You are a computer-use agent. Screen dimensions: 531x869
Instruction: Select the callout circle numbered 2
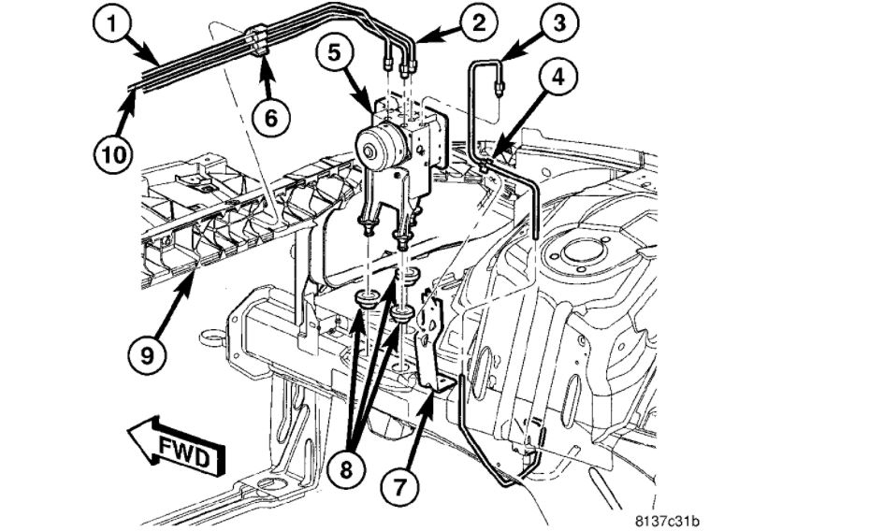[x=478, y=22]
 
